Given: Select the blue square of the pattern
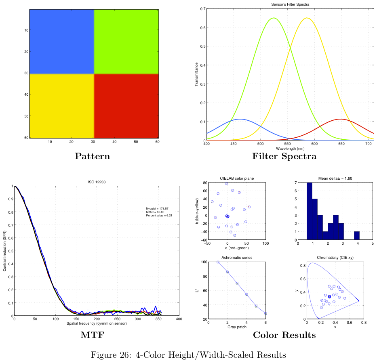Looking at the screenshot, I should [x=61, y=41].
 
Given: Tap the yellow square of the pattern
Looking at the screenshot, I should [x=61, y=106].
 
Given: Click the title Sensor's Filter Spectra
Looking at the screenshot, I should [x=290, y=4].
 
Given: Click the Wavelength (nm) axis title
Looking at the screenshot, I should [x=290, y=149].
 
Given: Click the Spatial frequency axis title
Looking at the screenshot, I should [x=97, y=323].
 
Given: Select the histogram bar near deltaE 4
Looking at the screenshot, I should [x=357, y=235].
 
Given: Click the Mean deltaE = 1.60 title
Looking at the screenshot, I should [x=335, y=178].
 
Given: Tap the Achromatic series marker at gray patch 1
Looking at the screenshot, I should [x=218, y=262].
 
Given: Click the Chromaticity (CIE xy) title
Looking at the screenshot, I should [x=335, y=258].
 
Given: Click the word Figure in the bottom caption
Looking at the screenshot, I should [x=103, y=355].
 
